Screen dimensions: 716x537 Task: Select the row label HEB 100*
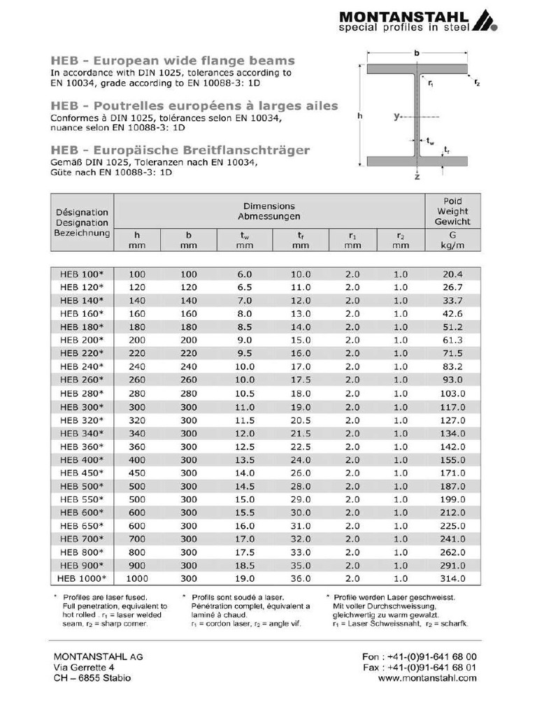(x=81, y=274)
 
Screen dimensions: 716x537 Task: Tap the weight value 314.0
(x=452, y=579)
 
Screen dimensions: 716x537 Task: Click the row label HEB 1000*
(x=81, y=579)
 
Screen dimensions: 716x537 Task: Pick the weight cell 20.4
(x=452, y=274)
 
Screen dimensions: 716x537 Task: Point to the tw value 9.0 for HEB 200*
(x=245, y=340)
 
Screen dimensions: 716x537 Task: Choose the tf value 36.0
(x=301, y=579)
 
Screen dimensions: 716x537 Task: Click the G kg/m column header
(x=452, y=241)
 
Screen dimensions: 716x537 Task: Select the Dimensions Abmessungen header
(x=269, y=211)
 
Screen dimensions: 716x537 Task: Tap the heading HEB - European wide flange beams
(x=173, y=61)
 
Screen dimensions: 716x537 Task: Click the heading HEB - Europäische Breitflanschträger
(x=180, y=150)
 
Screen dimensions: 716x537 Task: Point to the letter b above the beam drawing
(x=417, y=53)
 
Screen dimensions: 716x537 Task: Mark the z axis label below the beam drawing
(x=417, y=178)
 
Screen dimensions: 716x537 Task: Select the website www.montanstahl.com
(x=427, y=678)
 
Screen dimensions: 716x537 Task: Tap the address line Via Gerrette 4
(x=84, y=667)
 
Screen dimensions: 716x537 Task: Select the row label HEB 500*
(x=81, y=487)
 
